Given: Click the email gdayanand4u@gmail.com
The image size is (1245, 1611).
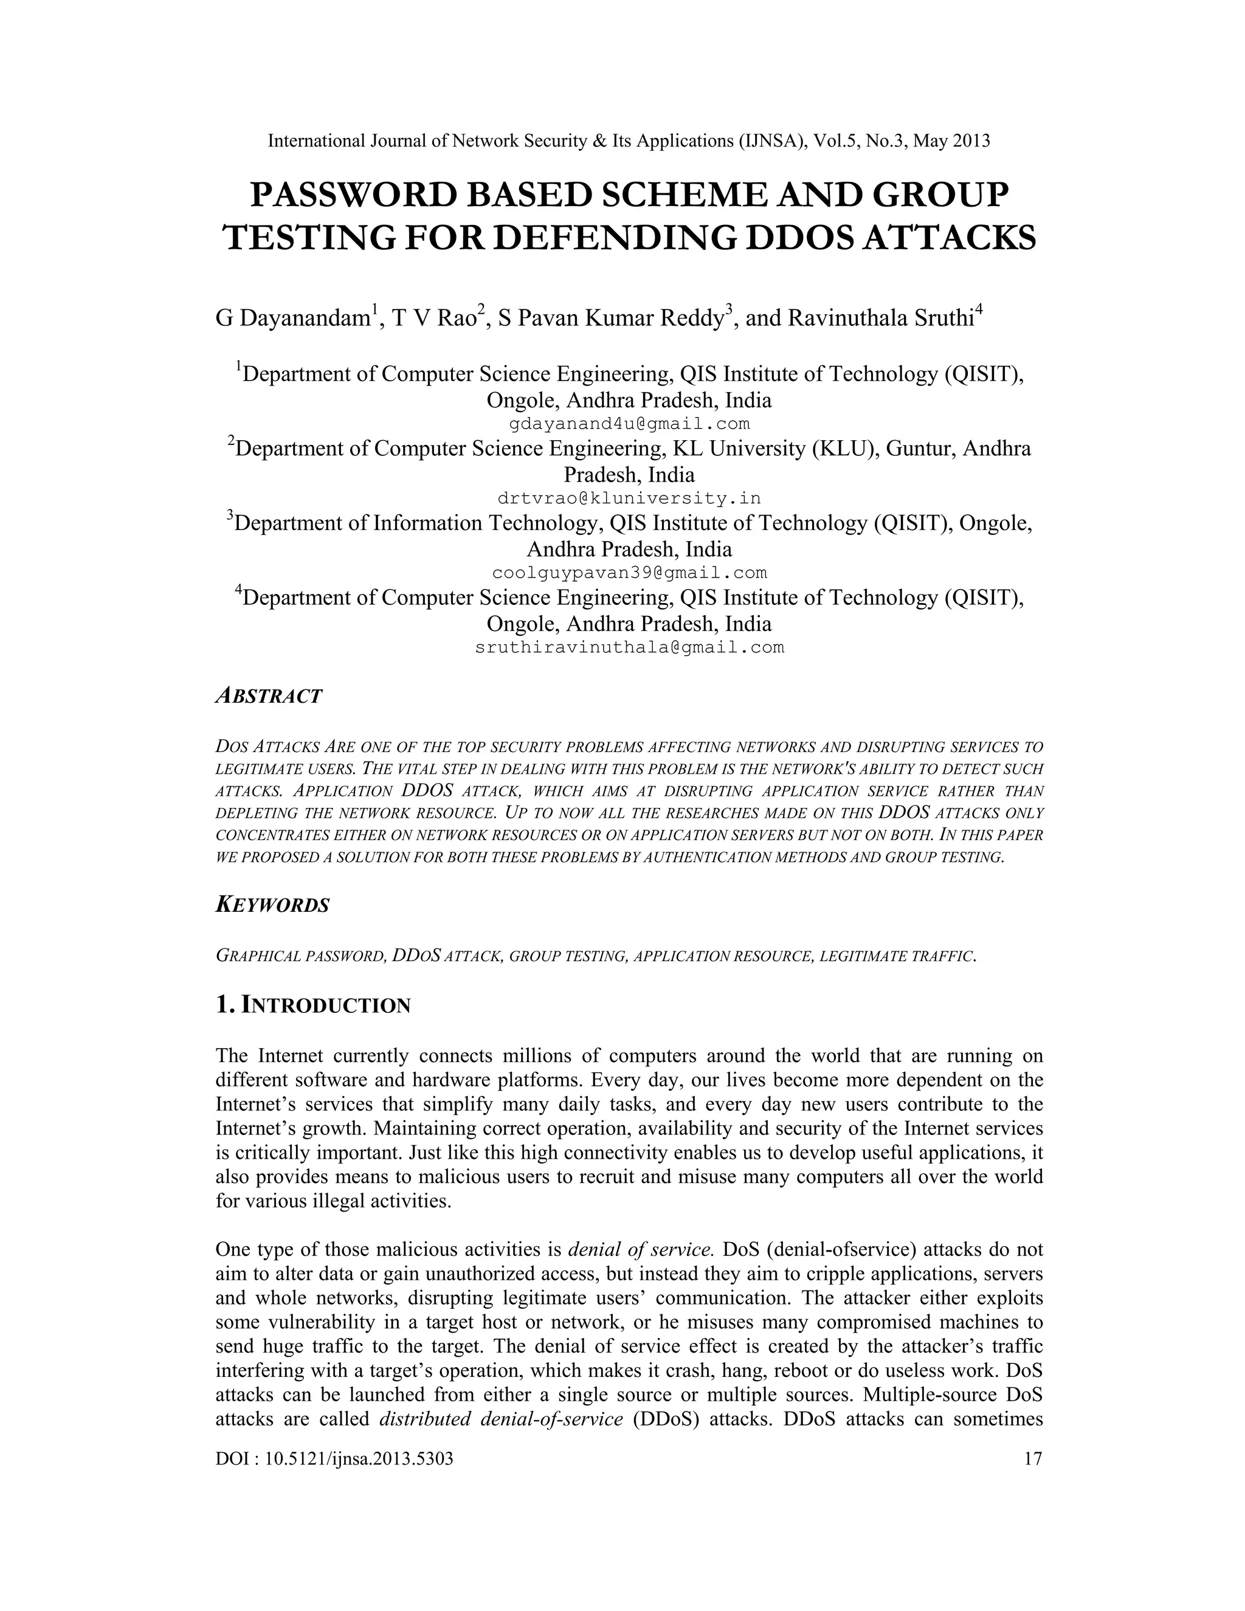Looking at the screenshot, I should pyautogui.click(x=629, y=424).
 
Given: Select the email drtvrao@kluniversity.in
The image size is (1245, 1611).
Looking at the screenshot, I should pyautogui.click(x=629, y=498).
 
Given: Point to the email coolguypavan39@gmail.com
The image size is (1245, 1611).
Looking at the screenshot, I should pyautogui.click(x=629, y=573).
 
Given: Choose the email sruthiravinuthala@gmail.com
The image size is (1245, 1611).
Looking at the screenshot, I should pyautogui.click(x=629, y=647).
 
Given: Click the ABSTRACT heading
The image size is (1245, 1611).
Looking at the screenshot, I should pyautogui.click(x=269, y=695).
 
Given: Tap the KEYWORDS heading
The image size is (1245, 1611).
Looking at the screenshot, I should pyautogui.click(x=272, y=905).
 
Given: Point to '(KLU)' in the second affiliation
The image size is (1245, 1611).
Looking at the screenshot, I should pyautogui.click(x=844, y=449).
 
